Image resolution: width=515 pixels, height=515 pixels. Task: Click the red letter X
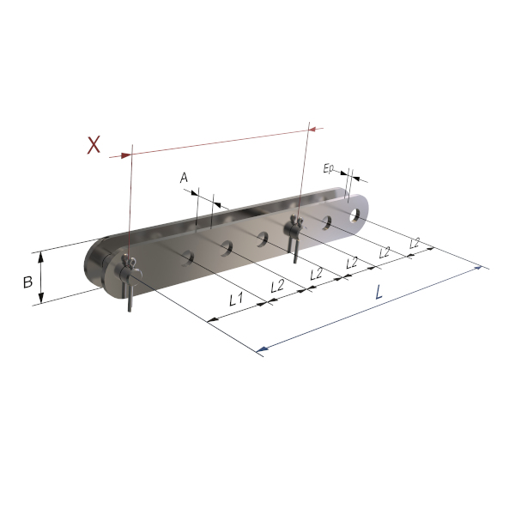coord(94,145)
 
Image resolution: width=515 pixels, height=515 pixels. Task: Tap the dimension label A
coord(184,178)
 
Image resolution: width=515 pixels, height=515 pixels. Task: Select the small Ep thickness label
coord(328,169)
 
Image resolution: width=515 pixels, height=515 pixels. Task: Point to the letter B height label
coord(28,282)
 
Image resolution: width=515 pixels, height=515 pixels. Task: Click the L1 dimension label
coord(236,300)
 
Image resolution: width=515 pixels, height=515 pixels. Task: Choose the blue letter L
coord(379,292)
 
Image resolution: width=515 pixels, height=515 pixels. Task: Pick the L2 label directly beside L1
coord(277,286)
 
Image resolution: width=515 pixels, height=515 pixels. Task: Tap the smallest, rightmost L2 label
coord(415,244)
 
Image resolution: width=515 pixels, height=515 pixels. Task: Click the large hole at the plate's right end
coord(354,215)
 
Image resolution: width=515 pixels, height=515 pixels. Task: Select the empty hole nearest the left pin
coord(188,257)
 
